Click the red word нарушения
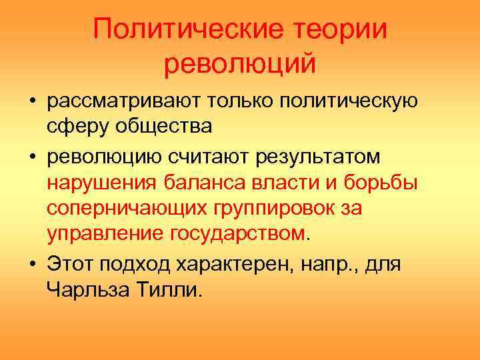pos(100,183)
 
